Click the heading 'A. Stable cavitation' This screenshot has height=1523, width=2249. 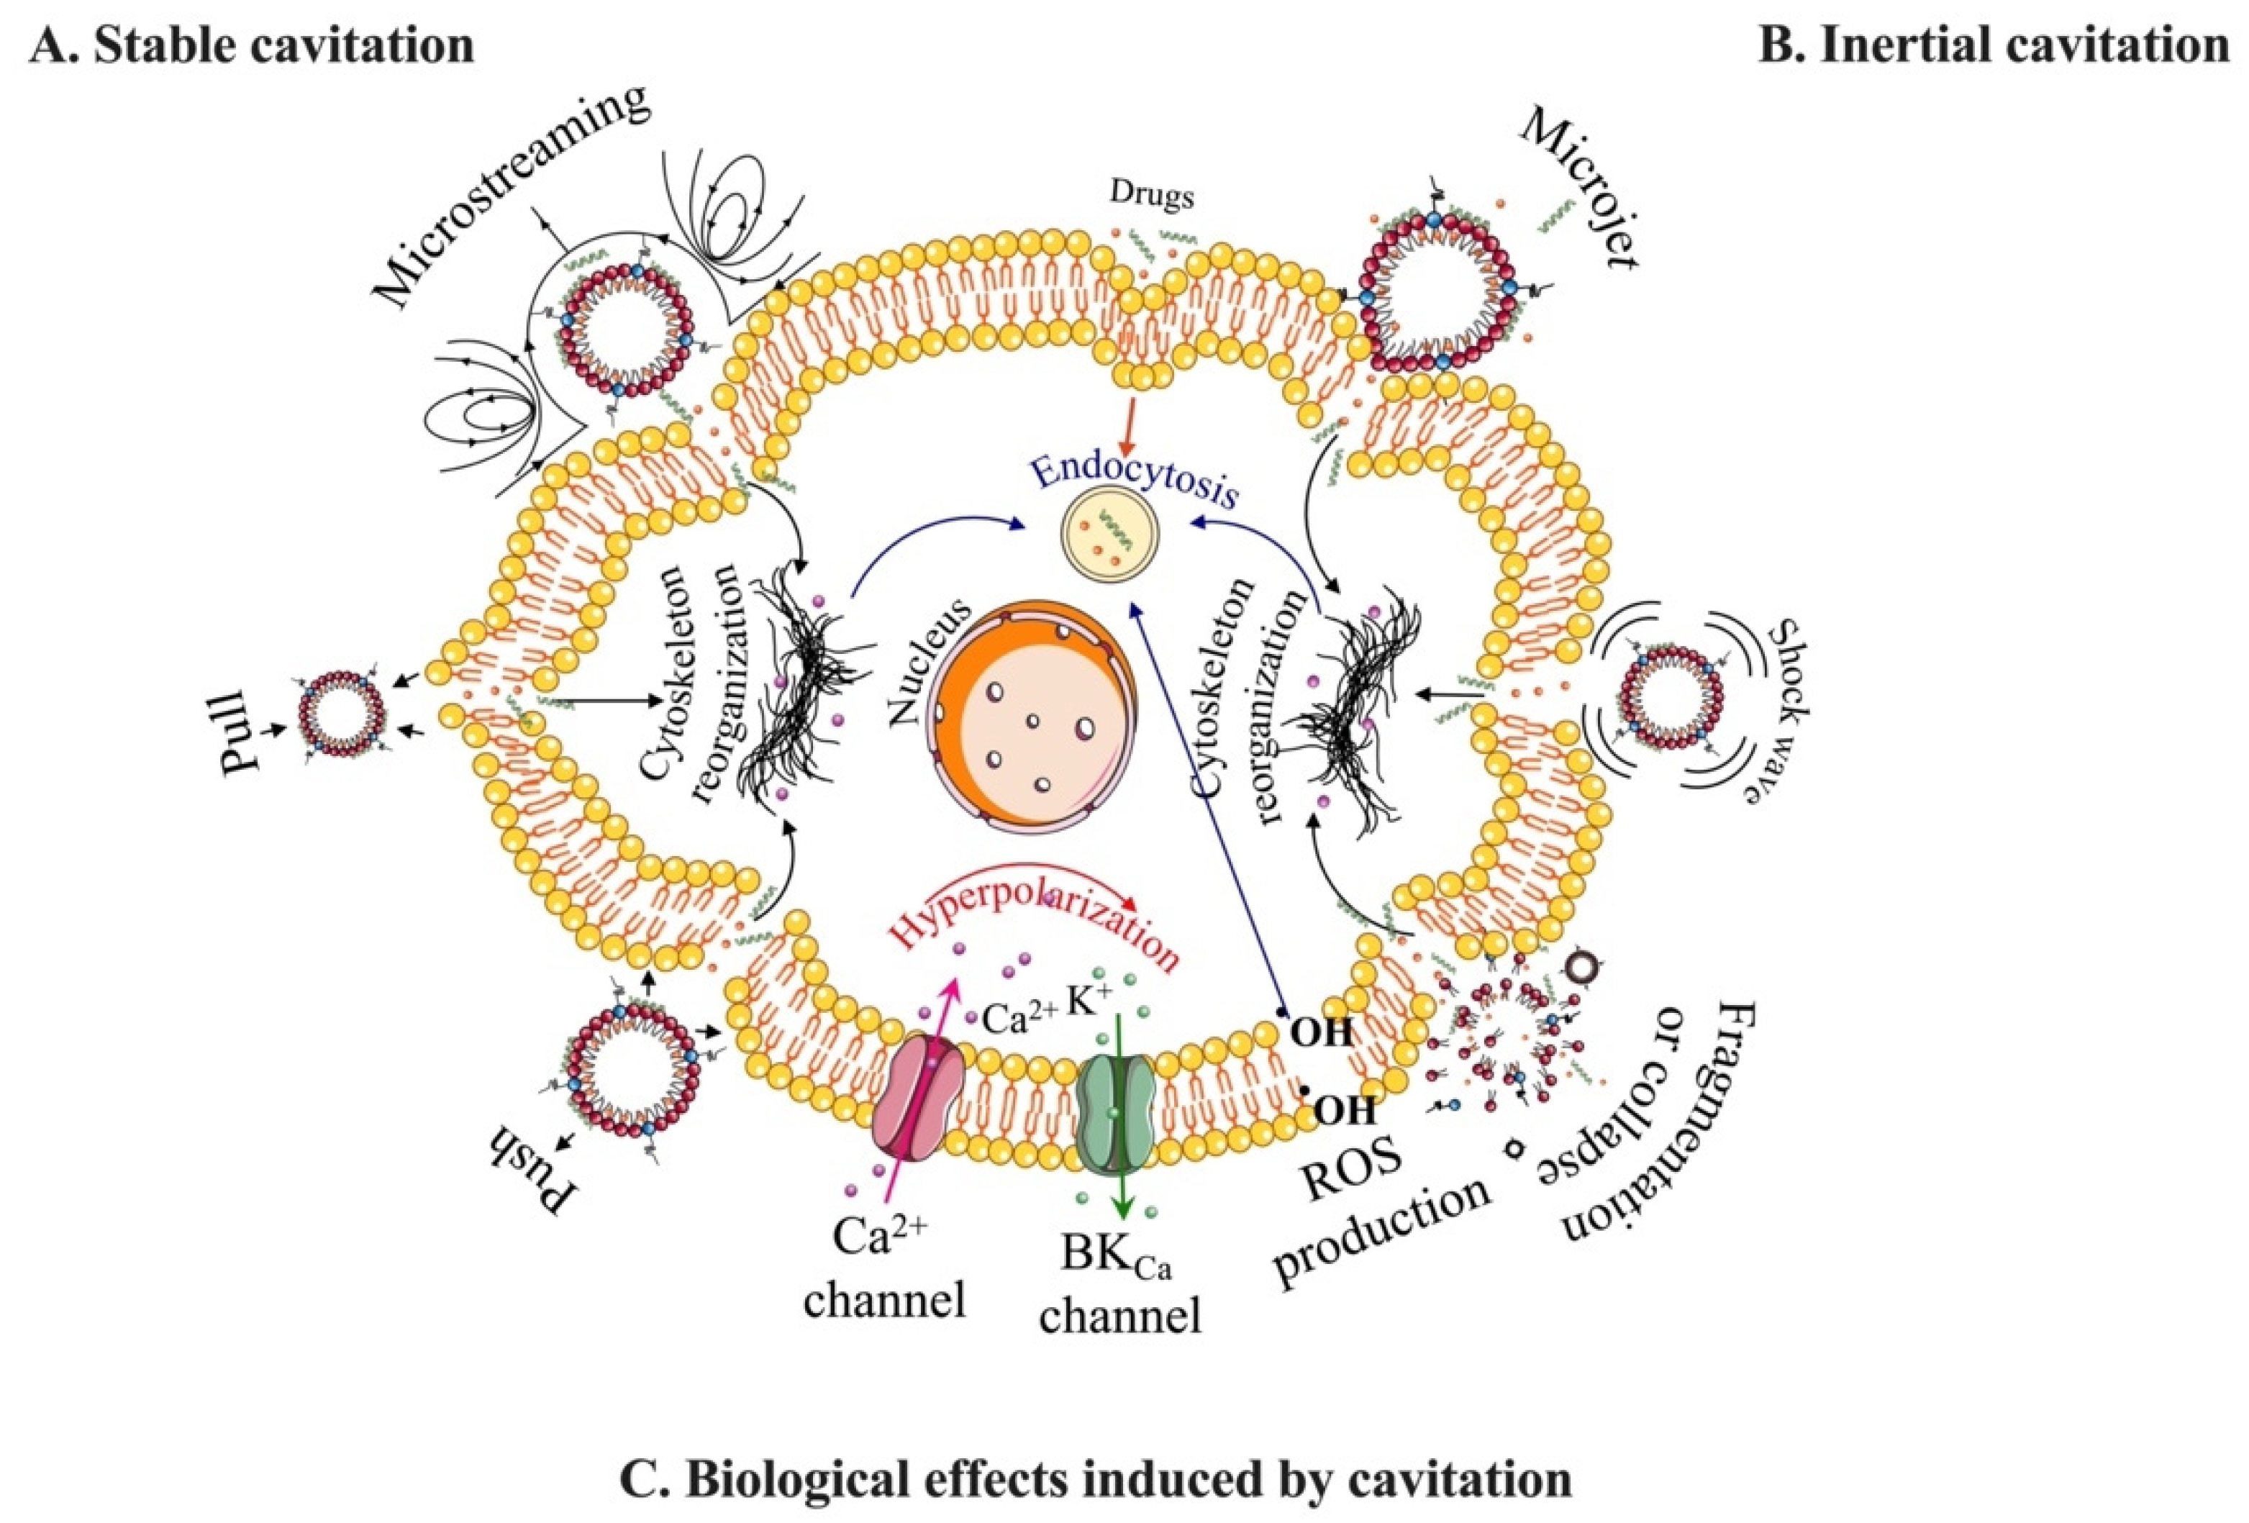(253, 45)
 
